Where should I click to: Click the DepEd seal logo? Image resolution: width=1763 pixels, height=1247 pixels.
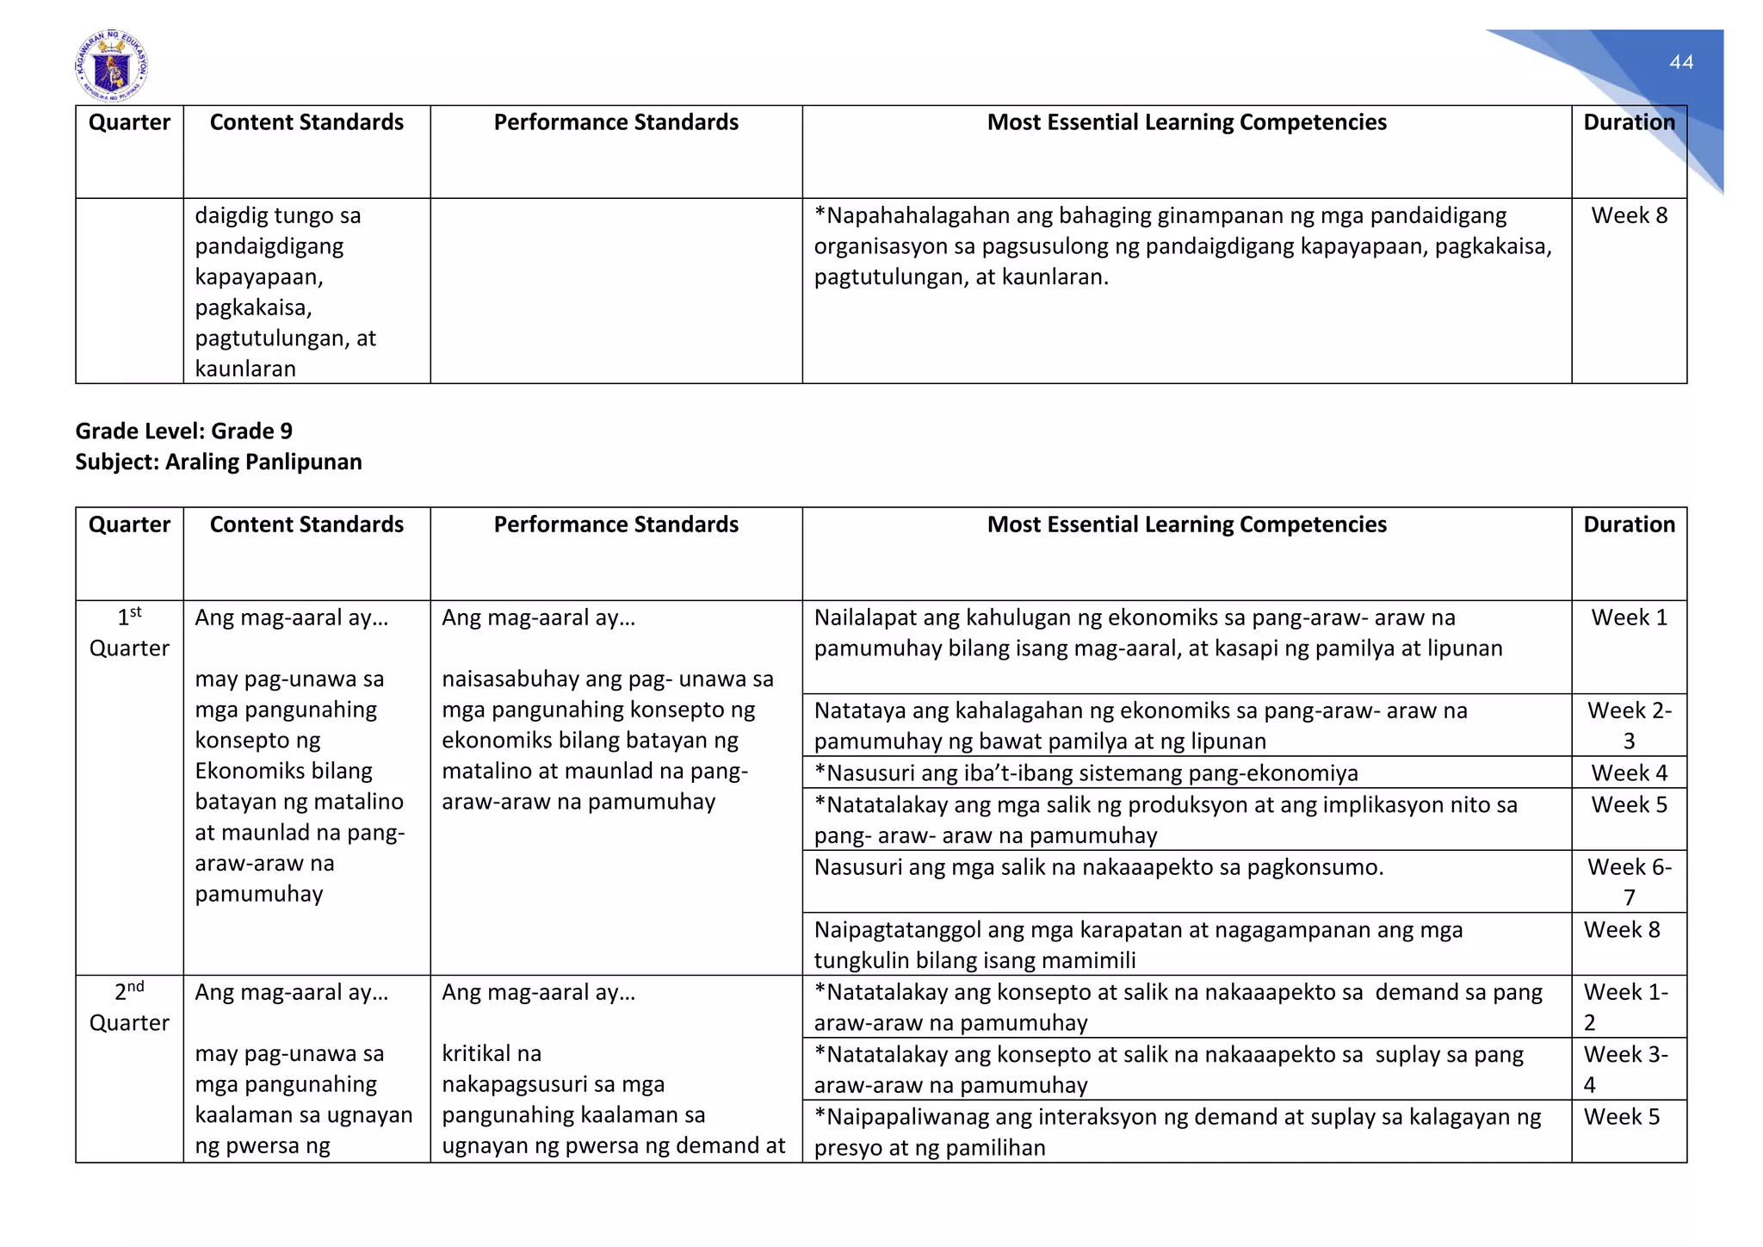(111, 66)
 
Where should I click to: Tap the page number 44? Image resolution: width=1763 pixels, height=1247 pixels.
(1680, 62)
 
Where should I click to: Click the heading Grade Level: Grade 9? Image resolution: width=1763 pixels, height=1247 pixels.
(183, 431)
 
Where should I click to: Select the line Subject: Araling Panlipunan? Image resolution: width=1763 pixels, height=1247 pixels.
(218, 462)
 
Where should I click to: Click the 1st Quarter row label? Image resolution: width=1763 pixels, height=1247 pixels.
(129, 632)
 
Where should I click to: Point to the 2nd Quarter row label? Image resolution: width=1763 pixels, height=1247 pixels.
(129, 1007)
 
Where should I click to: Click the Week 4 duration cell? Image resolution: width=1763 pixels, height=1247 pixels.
(1628, 772)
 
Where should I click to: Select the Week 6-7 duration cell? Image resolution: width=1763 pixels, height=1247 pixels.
(1628, 881)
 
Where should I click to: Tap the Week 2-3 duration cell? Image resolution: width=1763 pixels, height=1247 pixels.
(1628, 725)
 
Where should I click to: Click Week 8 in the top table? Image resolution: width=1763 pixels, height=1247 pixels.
(1628, 215)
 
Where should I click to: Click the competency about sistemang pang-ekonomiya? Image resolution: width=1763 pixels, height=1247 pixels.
(1086, 772)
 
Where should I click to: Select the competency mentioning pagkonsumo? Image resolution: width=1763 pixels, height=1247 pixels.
(1098, 867)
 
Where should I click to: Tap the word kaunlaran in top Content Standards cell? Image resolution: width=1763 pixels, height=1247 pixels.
(245, 369)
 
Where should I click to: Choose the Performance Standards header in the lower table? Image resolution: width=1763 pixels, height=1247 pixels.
(616, 524)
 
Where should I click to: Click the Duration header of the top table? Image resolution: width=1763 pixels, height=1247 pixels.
(1628, 122)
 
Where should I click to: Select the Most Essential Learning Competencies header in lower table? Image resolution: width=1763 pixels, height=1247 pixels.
(1186, 524)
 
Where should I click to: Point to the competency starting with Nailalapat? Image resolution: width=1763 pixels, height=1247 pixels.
(1158, 632)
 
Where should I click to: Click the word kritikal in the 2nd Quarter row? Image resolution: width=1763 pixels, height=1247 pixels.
(492, 1054)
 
